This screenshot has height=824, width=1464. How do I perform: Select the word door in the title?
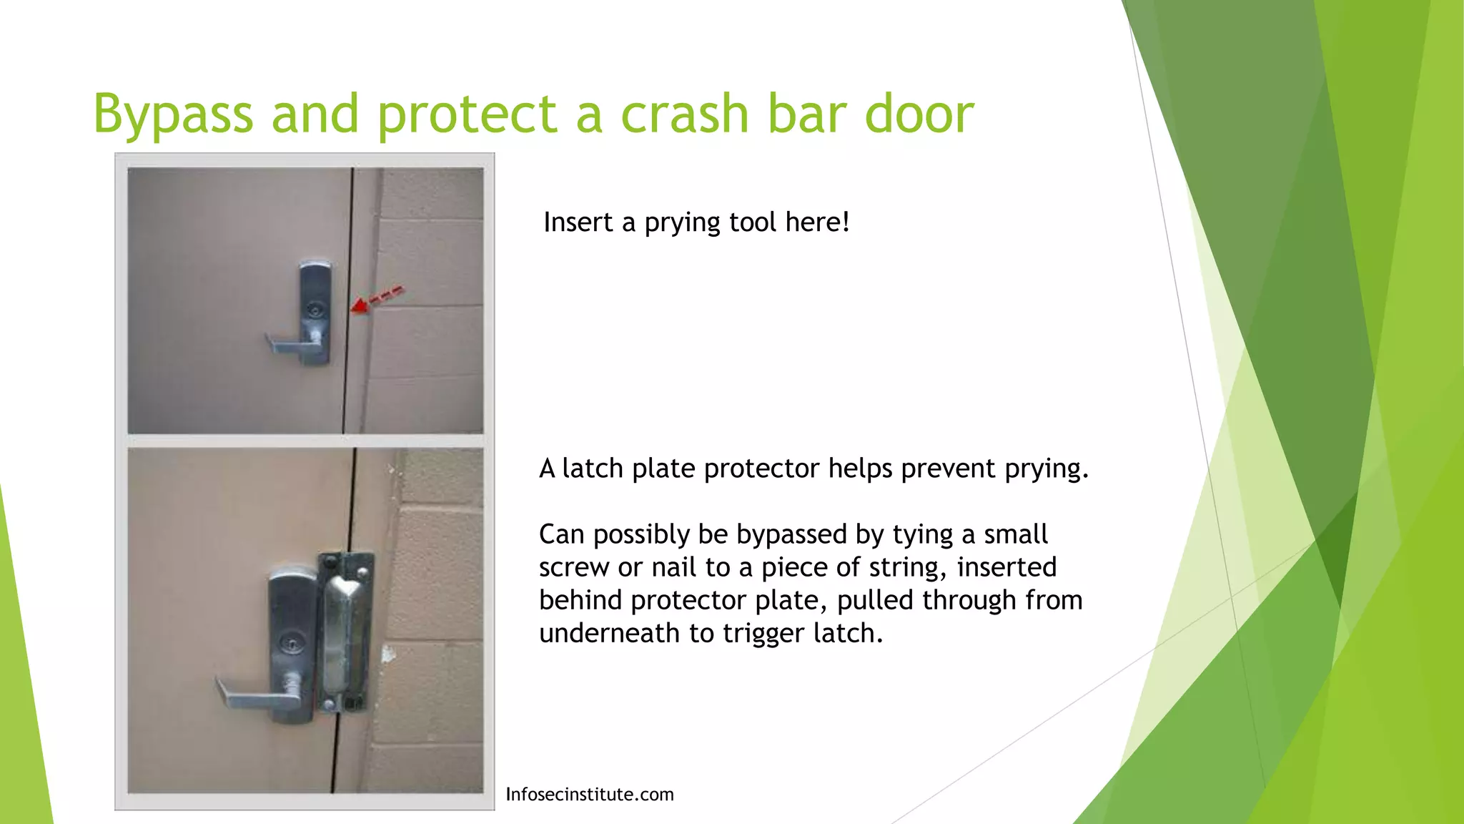(919, 114)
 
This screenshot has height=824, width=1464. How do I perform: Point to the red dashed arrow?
(377, 300)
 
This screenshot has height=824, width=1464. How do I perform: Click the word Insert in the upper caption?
(578, 222)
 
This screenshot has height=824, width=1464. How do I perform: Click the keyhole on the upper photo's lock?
(314, 309)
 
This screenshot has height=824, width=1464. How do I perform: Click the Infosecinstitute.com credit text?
(589, 795)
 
